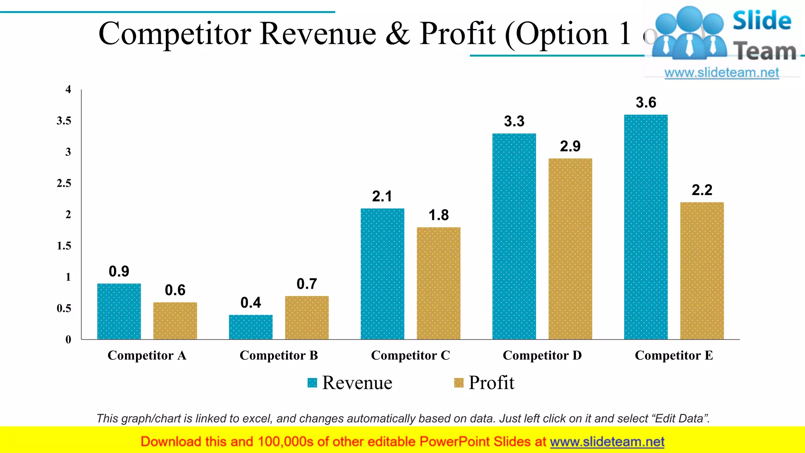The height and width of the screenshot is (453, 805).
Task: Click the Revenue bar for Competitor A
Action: click(x=119, y=311)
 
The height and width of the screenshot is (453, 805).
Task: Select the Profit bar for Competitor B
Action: click(x=307, y=317)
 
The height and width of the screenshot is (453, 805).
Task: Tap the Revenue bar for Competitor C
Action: click(x=382, y=274)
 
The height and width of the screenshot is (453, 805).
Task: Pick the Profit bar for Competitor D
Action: click(x=570, y=249)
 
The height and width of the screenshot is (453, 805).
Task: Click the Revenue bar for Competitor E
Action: click(x=645, y=227)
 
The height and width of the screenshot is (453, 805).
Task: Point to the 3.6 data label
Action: click(x=646, y=103)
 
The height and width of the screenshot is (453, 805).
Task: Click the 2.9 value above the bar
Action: click(x=570, y=146)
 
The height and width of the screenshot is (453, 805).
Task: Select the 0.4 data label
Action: click(x=250, y=303)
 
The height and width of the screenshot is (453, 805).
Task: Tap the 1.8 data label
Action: click(x=438, y=215)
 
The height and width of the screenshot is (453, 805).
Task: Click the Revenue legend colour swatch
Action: click(x=312, y=383)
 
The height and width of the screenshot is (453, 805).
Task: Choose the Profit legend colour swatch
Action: click(x=458, y=383)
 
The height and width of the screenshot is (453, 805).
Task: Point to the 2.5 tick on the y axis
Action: click(x=64, y=183)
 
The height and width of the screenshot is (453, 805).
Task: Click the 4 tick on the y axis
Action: click(x=68, y=90)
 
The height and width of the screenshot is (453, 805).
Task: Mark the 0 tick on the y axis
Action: click(x=68, y=339)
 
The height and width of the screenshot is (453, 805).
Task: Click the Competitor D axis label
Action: click(x=542, y=355)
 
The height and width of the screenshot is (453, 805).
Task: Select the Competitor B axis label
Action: click(x=279, y=355)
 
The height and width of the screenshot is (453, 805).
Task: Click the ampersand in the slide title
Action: click(x=398, y=34)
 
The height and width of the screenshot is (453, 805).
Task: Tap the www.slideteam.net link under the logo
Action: click(x=721, y=73)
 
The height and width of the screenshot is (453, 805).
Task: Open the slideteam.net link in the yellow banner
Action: click(x=607, y=442)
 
